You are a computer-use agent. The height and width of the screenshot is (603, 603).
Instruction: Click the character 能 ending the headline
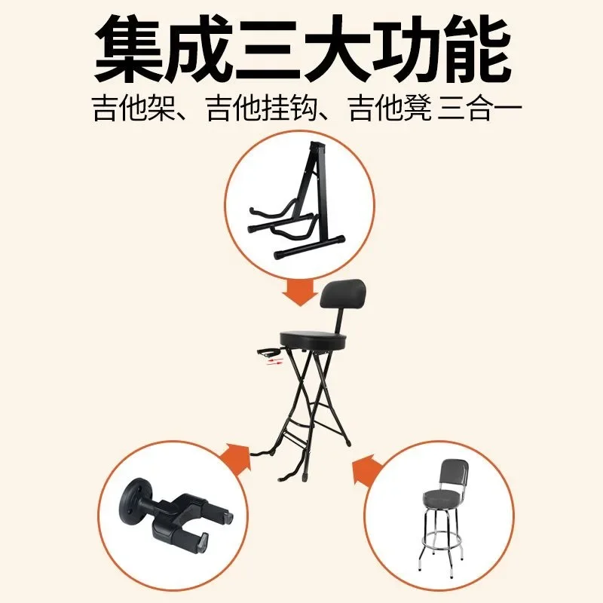point(476,49)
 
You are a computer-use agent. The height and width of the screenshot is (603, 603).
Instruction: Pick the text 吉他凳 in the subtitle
point(390,109)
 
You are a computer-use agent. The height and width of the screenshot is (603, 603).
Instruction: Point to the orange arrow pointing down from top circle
point(300,292)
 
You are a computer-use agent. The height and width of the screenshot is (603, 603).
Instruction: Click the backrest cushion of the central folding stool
point(343,295)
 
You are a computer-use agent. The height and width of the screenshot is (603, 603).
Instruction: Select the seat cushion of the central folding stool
point(313,338)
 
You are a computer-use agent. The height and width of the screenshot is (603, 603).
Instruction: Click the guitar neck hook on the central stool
point(269,351)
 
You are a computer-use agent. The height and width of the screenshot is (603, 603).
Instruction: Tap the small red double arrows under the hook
point(275,362)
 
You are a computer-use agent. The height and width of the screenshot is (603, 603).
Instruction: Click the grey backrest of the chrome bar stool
point(454,474)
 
